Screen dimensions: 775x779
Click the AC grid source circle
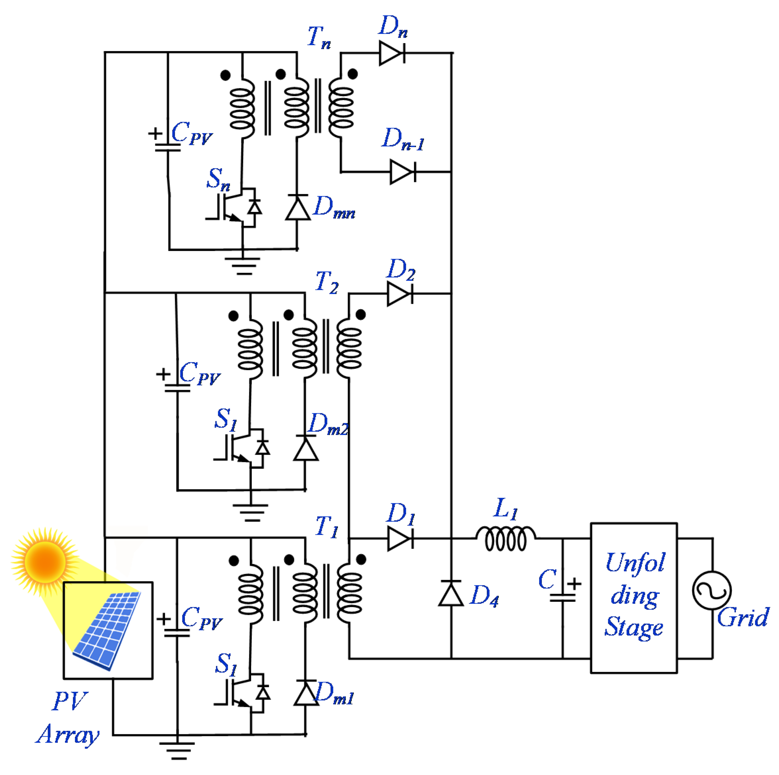pyautogui.click(x=712, y=590)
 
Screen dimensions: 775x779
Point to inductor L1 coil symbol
pyautogui.click(x=506, y=539)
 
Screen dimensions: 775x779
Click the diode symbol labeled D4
pyautogui.click(x=451, y=593)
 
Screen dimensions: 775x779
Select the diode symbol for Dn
pyautogui.click(x=392, y=53)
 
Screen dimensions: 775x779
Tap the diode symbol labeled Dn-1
pyautogui.click(x=402, y=172)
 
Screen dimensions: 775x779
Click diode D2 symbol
pyautogui.click(x=399, y=294)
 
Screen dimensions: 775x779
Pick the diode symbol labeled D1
pyautogui.click(x=400, y=538)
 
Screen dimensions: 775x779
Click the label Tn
pyautogui.click(x=318, y=37)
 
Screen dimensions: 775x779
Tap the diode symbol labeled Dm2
pyautogui.click(x=305, y=449)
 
